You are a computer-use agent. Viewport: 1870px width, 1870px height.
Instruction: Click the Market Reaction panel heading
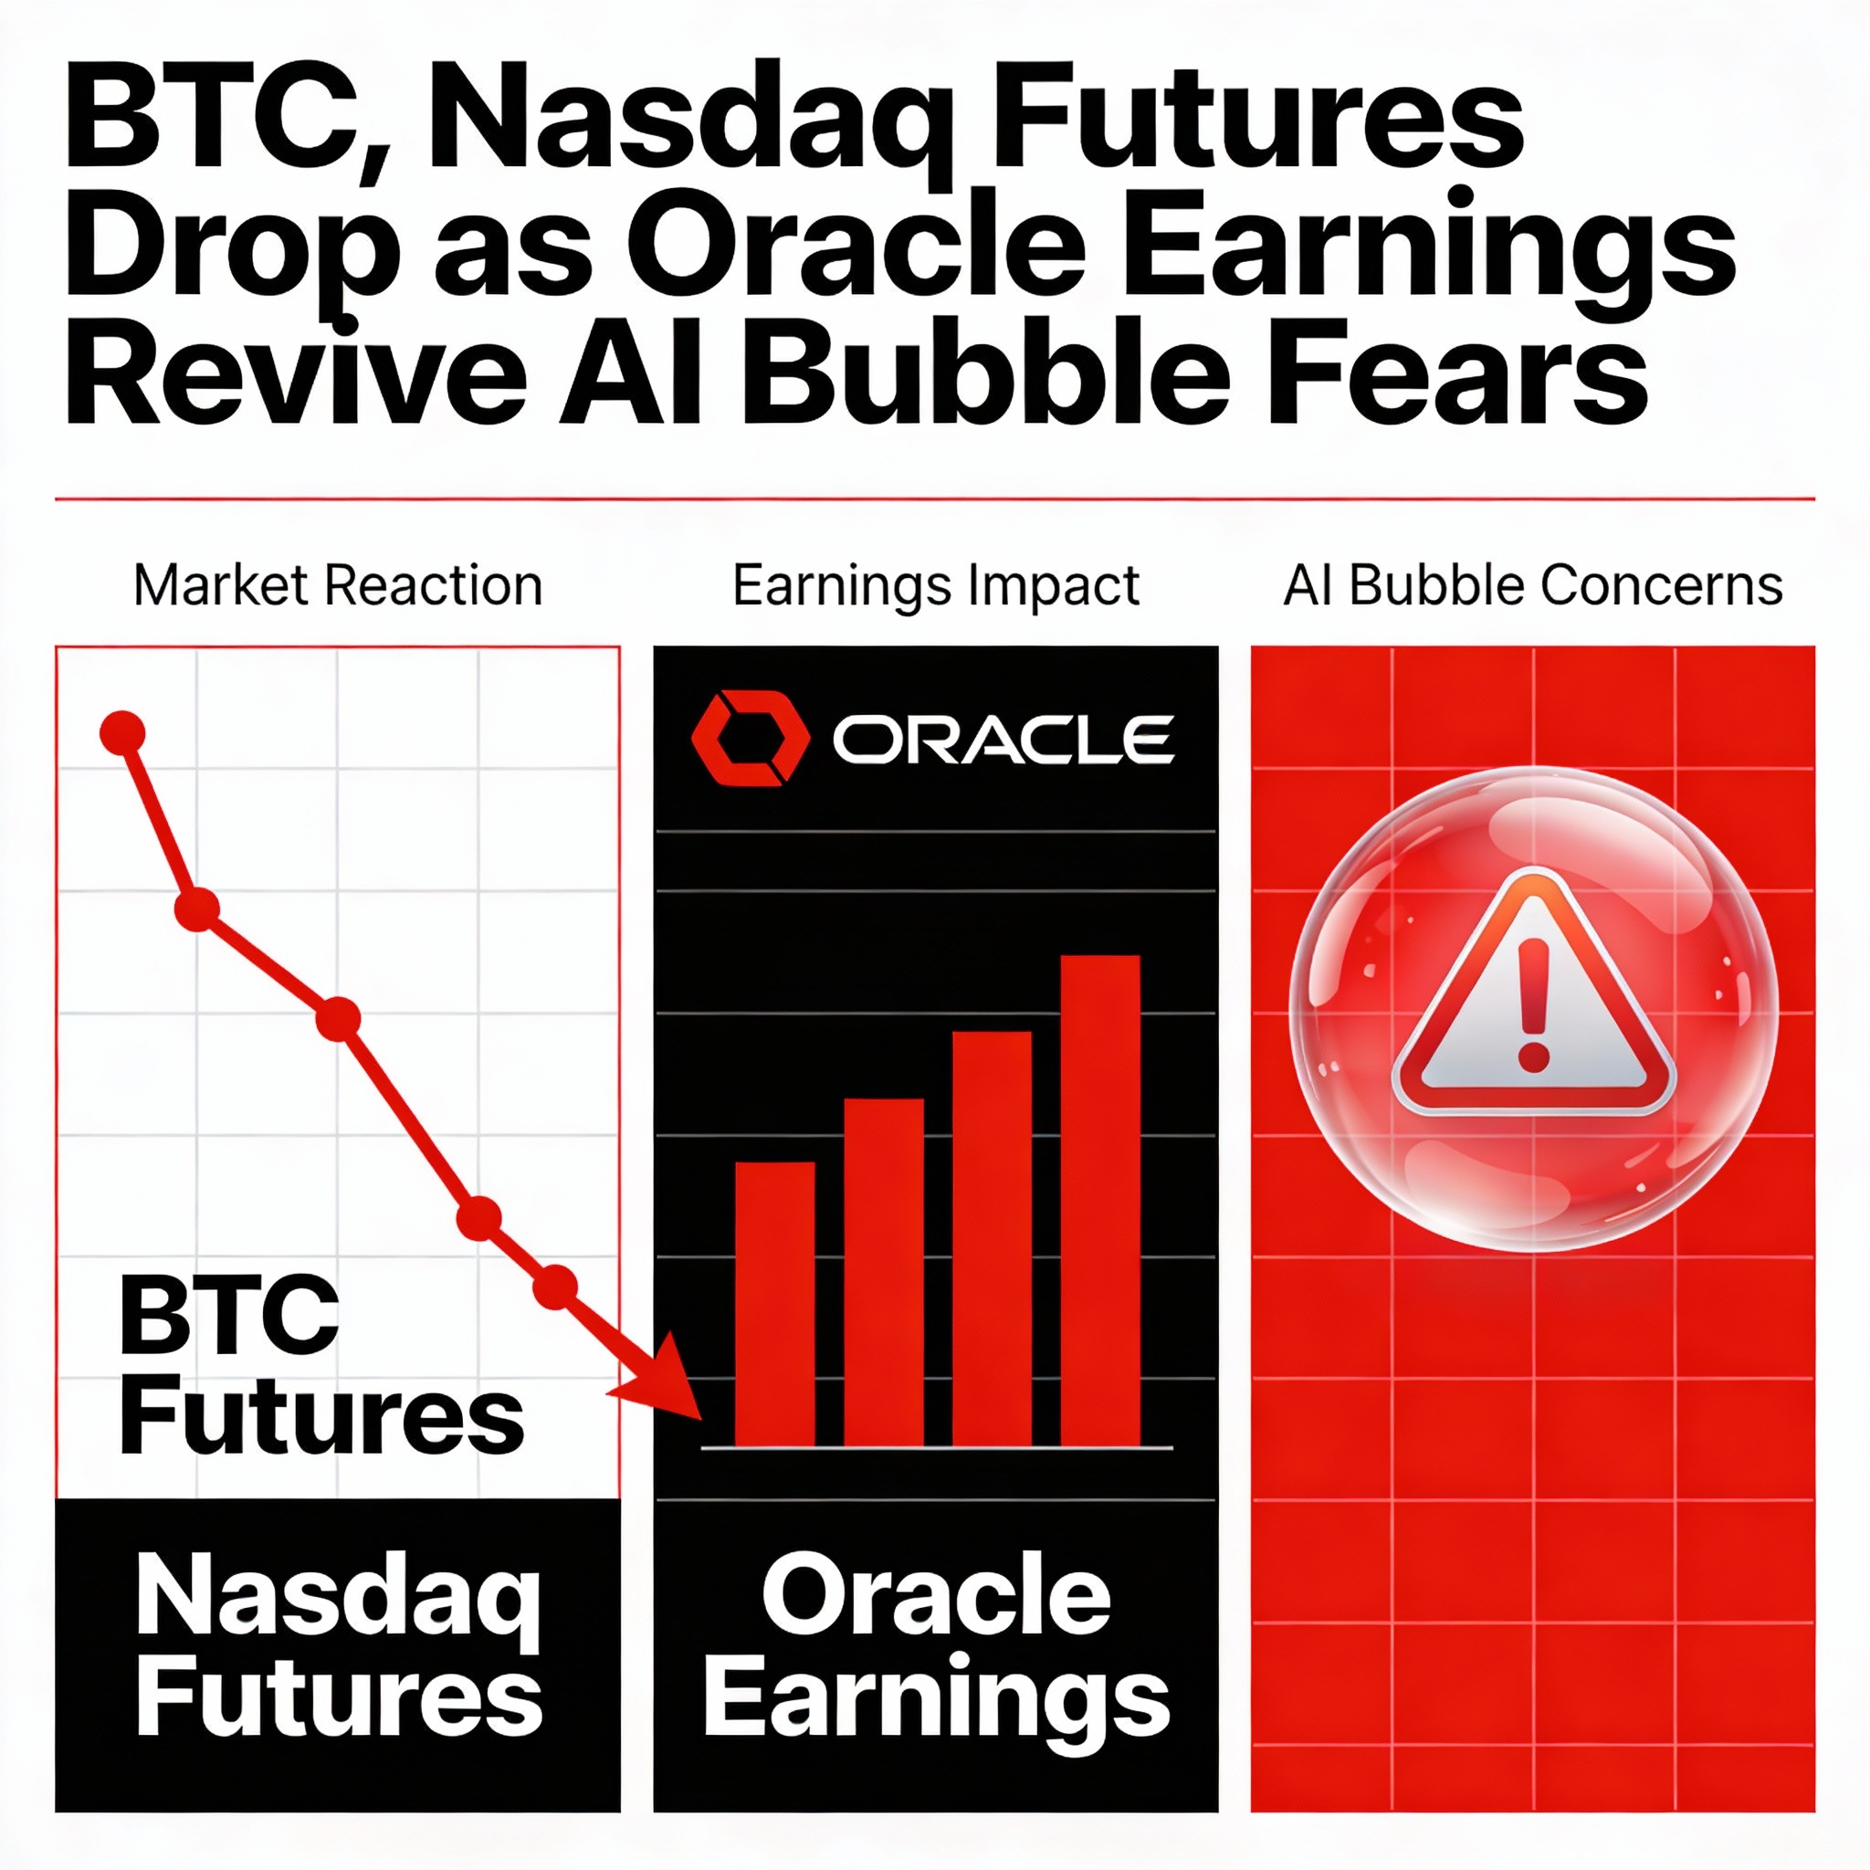338,585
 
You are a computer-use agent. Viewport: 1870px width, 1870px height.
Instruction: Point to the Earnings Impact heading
935,586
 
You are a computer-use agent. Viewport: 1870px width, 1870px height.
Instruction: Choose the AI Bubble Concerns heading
1533,585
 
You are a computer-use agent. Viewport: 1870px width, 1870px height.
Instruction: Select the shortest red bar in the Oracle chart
774,1305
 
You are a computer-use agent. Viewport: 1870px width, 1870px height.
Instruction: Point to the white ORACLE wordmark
1003,740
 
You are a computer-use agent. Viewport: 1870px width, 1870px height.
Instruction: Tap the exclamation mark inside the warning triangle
1534,1004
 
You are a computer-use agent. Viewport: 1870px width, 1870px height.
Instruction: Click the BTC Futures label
320,1367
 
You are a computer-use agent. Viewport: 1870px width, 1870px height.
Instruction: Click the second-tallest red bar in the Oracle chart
993,1240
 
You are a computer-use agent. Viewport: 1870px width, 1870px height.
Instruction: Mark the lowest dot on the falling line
554,1287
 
